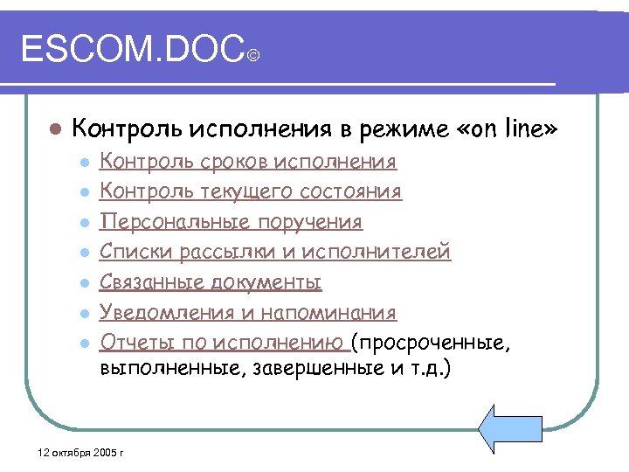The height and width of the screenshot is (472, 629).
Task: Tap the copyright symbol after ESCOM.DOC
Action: [252, 57]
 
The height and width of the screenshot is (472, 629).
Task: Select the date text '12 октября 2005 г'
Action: [76, 454]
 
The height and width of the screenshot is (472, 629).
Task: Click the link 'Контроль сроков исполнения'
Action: [248, 162]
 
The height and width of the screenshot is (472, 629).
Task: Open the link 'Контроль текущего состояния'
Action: [251, 191]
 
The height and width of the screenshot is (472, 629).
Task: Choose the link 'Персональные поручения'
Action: [231, 222]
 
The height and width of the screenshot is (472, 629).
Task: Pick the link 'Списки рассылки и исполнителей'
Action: [275, 253]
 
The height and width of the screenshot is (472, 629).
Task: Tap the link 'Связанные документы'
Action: [211, 282]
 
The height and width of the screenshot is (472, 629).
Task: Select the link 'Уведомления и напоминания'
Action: [248, 313]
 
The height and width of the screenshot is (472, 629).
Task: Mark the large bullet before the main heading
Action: [53, 129]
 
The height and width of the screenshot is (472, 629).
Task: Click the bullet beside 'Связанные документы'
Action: [84, 283]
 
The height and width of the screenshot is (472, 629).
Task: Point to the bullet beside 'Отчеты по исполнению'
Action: [84, 344]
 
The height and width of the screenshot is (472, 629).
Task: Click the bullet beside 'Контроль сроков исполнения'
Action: [84, 163]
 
